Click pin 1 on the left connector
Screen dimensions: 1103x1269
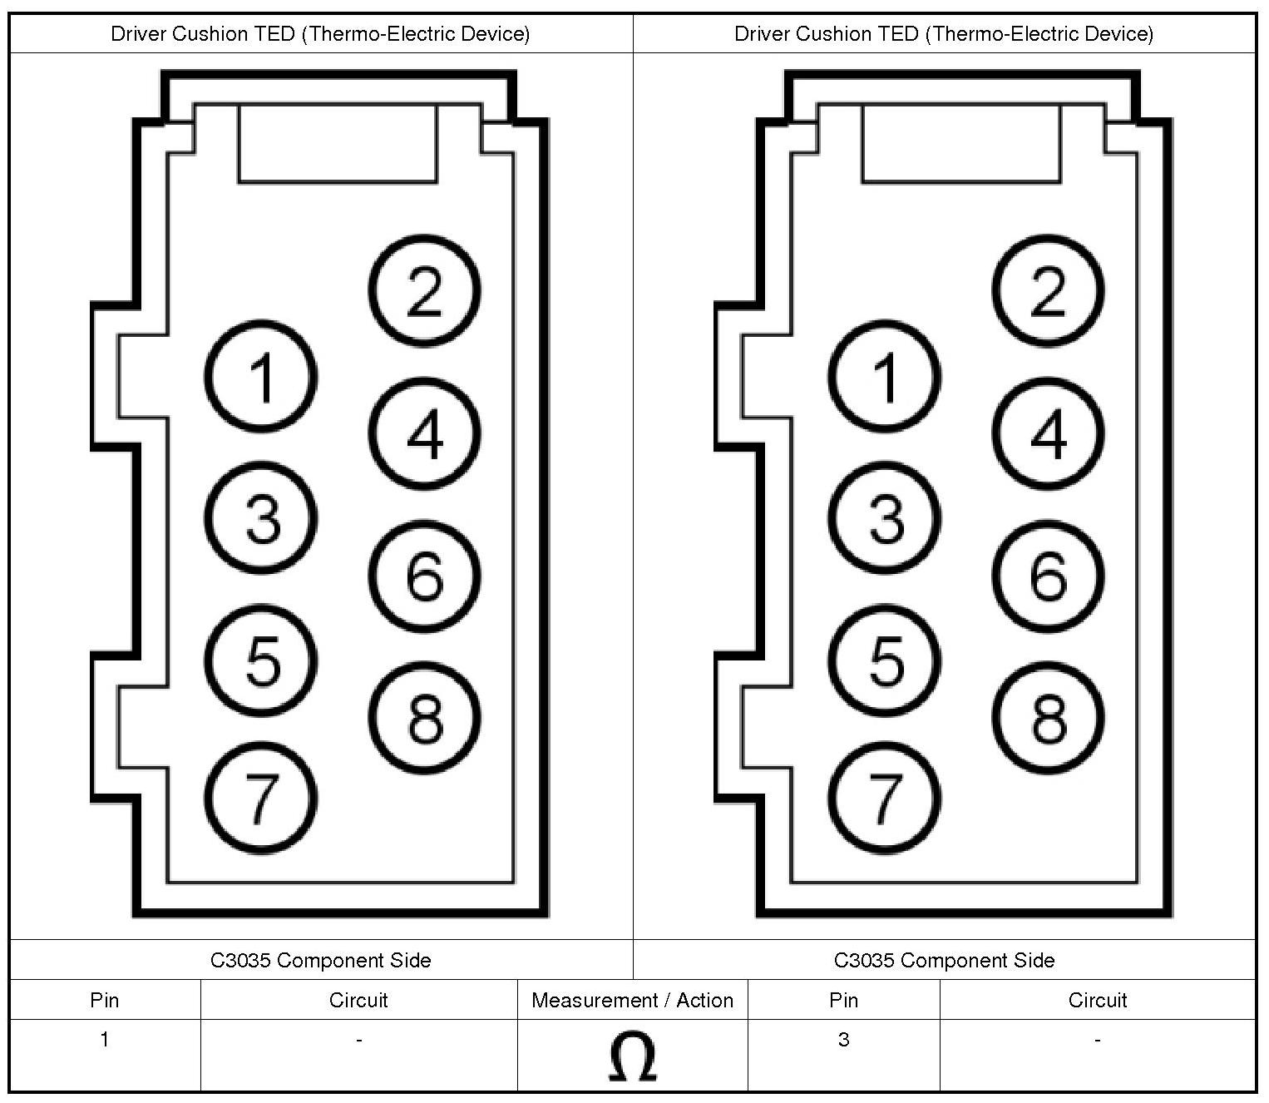pyautogui.click(x=261, y=376)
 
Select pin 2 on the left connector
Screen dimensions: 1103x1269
pyautogui.click(x=424, y=290)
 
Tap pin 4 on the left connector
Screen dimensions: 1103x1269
pyautogui.click(x=424, y=433)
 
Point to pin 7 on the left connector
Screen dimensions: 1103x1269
pyautogui.click(x=261, y=798)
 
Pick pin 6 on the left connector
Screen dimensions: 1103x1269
pyautogui.click(x=424, y=576)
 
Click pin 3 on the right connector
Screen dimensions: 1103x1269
pyautogui.click(x=885, y=518)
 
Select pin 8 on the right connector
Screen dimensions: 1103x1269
pyautogui.click(x=1048, y=718)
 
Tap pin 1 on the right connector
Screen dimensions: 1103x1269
pyautogui.click(x=885, y=376)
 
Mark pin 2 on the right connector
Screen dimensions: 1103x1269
pyautogui.click(x=1048, y=290)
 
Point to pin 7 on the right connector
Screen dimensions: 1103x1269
pyautogui.click(x=885, y=798)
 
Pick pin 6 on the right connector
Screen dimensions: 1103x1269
pyautogui.click(x=1048, y=576)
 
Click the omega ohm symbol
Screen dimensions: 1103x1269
pyautogui.click(x=632, y=1057)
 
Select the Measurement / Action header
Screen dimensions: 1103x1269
pyautogui.click(x=632, y=1000)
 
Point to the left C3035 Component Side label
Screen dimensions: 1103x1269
pyautogui.click(x=321, y=960)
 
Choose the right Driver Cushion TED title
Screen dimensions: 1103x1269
pyautogui.click(x=944, y=33)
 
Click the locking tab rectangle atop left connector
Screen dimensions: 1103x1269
pyautogui.click(x=338, y=143)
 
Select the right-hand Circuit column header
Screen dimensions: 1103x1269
pyautogui.click(x=1097, y=1000)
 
